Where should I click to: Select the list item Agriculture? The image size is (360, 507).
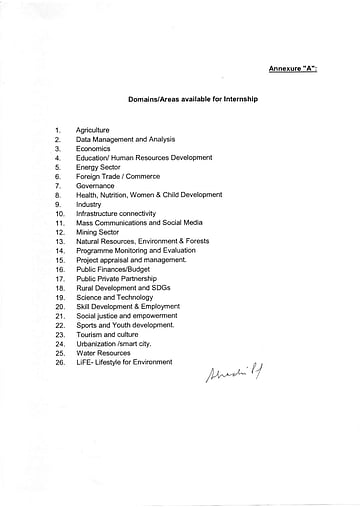pyautogui.click(x=93, y=130)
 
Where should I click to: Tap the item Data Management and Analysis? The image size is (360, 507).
pyautogui.click(x=125, y=139)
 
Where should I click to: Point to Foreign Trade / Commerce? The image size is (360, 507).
pyautogui.click(x=118, y=176)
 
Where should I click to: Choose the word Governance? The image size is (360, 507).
pyautogui.click(x=96, y=185)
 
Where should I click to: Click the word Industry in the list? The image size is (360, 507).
pyautogui.click(x=89, y=204)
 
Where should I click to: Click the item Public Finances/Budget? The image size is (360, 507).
pyautogui.click(x=113, y=269)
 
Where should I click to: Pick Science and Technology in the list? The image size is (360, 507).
pyautogui.click(x=114, y=297)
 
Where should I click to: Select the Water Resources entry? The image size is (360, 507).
pyautogui.click(x=103, y=353)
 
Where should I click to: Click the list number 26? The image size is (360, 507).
pyautogui.click(x=59, y=363)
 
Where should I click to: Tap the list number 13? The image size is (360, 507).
pyautogui.click(x=59, y=241)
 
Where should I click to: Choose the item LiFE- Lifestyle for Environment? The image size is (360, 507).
pyautogui.click(x=124, y=362)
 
